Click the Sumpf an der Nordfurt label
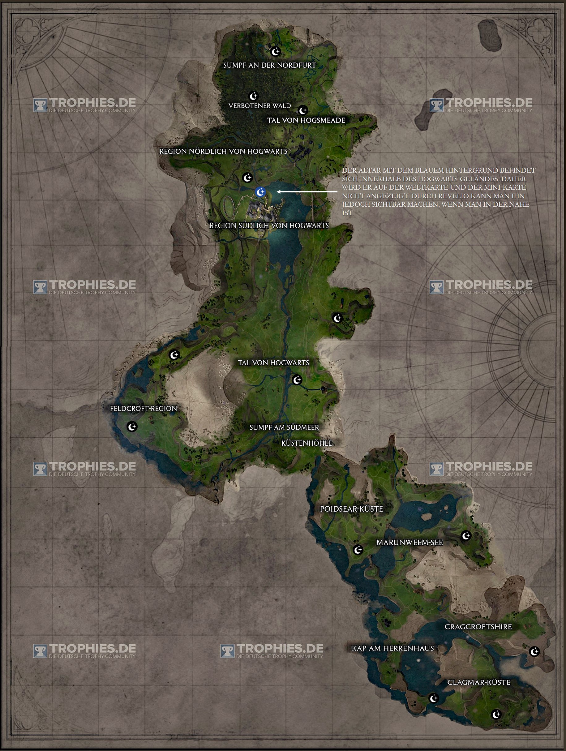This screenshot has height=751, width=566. [x=269, y=65]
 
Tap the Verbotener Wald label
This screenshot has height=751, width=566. [x=259, y=105]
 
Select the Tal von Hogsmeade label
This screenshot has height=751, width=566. [x=306, y=120]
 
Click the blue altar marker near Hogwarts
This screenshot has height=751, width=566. [x=260, y=192]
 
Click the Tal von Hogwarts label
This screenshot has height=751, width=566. [x=273, y=363]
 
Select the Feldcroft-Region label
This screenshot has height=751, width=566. [x=143, y=408]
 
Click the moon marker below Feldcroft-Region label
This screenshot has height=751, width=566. [x=132, y=426]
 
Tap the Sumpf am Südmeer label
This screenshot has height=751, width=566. [x=284, y=427]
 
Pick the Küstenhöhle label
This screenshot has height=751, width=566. [x=307, y=443]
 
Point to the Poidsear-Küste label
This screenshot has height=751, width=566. [x=351, y=509]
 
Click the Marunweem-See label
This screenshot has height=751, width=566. [x=409, y=543]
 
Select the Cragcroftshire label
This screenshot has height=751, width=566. [x=478, y=627]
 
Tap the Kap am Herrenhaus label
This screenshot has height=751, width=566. [x=393, y=648]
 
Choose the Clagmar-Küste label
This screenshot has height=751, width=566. [x=479, y=682]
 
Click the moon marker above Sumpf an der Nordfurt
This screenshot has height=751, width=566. [x=275, y=51]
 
